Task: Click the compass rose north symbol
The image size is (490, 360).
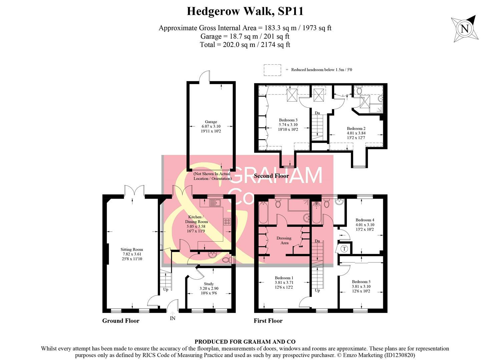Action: (465, 29)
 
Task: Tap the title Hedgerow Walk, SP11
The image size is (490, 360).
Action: (245, 11)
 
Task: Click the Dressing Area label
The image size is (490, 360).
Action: (284, 240)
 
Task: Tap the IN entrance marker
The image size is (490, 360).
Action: (172, 318)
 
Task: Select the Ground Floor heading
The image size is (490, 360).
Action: (121, 321)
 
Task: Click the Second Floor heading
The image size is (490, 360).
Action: (271, 176)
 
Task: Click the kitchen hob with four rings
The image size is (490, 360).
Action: (227, 221)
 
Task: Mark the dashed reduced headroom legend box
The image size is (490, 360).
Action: (272, 70)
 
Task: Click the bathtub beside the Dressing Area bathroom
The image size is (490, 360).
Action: (263, 213)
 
